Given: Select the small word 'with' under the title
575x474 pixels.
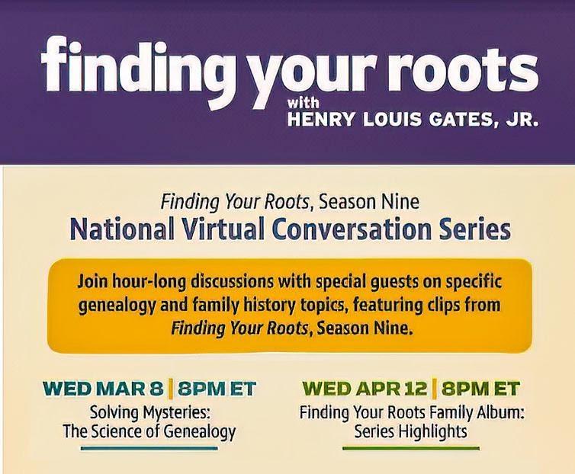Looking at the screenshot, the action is click(x=303, y=104).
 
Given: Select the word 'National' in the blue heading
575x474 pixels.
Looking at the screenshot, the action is click(x=122, y=229).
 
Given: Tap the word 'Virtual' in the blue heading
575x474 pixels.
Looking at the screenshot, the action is click(x=223, y=229).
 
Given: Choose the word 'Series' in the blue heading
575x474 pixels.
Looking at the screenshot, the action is click(x=471, y=229).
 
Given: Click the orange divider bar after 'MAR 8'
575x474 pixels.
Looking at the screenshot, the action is click(x=170, y=389).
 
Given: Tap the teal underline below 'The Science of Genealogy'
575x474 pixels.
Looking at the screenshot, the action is click(x=149, y=448).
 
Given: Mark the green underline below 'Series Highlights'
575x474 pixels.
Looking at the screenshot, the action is click(x=411, y=448).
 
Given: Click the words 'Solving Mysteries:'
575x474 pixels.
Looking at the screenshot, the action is click(x=150, y=413).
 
